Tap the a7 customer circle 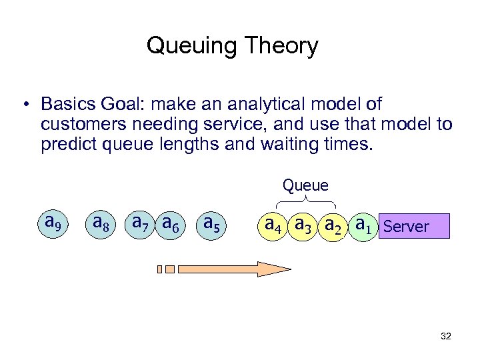coord(141,223)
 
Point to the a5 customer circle coord(213,223)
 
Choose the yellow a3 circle coord(305,225)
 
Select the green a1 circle coord(364,225)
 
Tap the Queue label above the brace coord(305,184)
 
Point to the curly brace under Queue coord(305,200)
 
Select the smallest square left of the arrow coord(160,269)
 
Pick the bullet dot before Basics coord(24,105)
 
